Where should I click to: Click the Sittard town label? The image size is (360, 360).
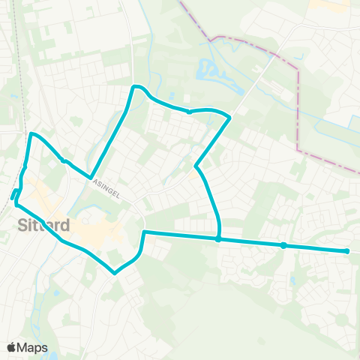coord(43,225)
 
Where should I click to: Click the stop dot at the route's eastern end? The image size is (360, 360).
coord(347,251)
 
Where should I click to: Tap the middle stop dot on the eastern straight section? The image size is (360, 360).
coord(283,245)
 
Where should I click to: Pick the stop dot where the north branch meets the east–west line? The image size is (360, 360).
coord(217,240)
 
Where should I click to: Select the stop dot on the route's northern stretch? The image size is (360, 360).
coord(189,112)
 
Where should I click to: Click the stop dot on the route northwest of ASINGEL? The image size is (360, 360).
coord(64,160)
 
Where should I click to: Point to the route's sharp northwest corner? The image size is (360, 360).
coord(31,135)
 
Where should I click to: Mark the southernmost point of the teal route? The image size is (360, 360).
coord(115,273)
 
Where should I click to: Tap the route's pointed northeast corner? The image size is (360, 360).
coord(229,118)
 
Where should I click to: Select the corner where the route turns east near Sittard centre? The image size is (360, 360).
coord(143,232)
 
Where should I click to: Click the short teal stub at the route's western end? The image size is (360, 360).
coord(14,195)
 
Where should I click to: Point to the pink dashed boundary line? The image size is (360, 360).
coord(298,105)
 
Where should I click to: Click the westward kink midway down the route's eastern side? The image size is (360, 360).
coord(196,166)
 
